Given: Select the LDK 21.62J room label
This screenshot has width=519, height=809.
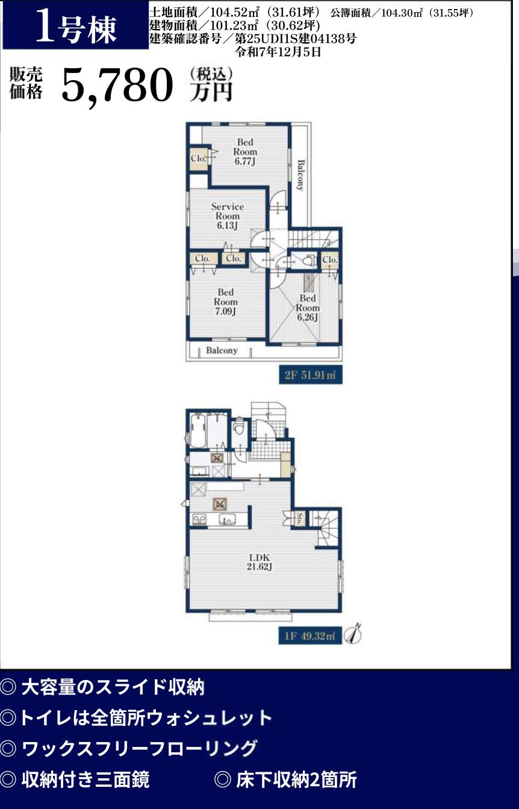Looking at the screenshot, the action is (259, 562).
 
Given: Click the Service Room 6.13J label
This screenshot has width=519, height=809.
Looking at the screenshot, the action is (227, 216).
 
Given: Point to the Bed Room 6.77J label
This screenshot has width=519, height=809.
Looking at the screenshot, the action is (245, 152).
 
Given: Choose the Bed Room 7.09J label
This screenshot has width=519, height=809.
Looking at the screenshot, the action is (225, 302).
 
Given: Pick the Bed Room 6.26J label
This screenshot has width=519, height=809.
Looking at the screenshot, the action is (307, 308).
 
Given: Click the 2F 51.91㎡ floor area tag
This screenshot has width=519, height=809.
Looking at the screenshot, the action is (310, 375).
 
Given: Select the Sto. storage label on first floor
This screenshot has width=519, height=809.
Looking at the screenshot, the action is (299, 519).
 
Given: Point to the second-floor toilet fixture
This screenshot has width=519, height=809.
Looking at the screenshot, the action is (308, 260).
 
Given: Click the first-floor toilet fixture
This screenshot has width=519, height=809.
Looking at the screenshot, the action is (238, 429).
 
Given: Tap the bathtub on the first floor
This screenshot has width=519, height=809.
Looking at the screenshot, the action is (197, 430).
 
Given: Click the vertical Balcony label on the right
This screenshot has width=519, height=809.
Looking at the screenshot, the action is (300, 175).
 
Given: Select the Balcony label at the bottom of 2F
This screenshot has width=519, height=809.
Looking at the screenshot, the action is (222, 350).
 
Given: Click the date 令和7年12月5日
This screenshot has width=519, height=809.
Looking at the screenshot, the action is (278, 52).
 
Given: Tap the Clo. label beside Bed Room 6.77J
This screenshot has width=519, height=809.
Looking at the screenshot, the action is (198, 158).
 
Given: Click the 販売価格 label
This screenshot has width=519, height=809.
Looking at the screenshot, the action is (26, 83).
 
